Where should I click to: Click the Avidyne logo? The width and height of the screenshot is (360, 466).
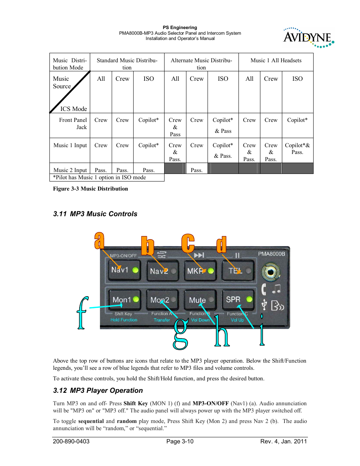click(x=308, y=38)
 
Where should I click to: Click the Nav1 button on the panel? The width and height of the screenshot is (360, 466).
click(x=124, y=270)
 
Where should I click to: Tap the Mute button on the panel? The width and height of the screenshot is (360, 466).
click(x=200, y=300)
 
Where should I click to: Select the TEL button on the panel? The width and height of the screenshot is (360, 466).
click(x=238, y=271)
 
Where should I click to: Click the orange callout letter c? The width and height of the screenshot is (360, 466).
click(x=188, y=243)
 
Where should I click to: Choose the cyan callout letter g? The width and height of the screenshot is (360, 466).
click(x=180, y=334)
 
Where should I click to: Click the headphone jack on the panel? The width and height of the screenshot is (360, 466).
click(x=270, y=272)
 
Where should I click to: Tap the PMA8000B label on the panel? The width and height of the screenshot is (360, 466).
click(x=271, y=254)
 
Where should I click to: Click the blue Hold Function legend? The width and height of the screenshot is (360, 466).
click(x=124, y=320)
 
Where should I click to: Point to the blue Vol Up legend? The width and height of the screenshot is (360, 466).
click(x=237, y=320)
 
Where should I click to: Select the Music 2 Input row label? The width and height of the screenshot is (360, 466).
click(x=70, y=170)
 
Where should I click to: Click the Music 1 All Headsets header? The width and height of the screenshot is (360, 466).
click(x=276, y=60)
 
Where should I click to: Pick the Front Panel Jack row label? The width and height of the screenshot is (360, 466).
click(x=73, y=123)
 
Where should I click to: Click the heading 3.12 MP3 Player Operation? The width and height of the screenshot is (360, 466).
click(x=98, y=391)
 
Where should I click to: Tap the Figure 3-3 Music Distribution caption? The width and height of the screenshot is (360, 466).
click(x=91, y=189)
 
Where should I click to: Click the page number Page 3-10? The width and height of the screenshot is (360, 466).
click(x=180, y=441)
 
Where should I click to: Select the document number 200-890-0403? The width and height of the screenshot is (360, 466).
click(x=71, y=441)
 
